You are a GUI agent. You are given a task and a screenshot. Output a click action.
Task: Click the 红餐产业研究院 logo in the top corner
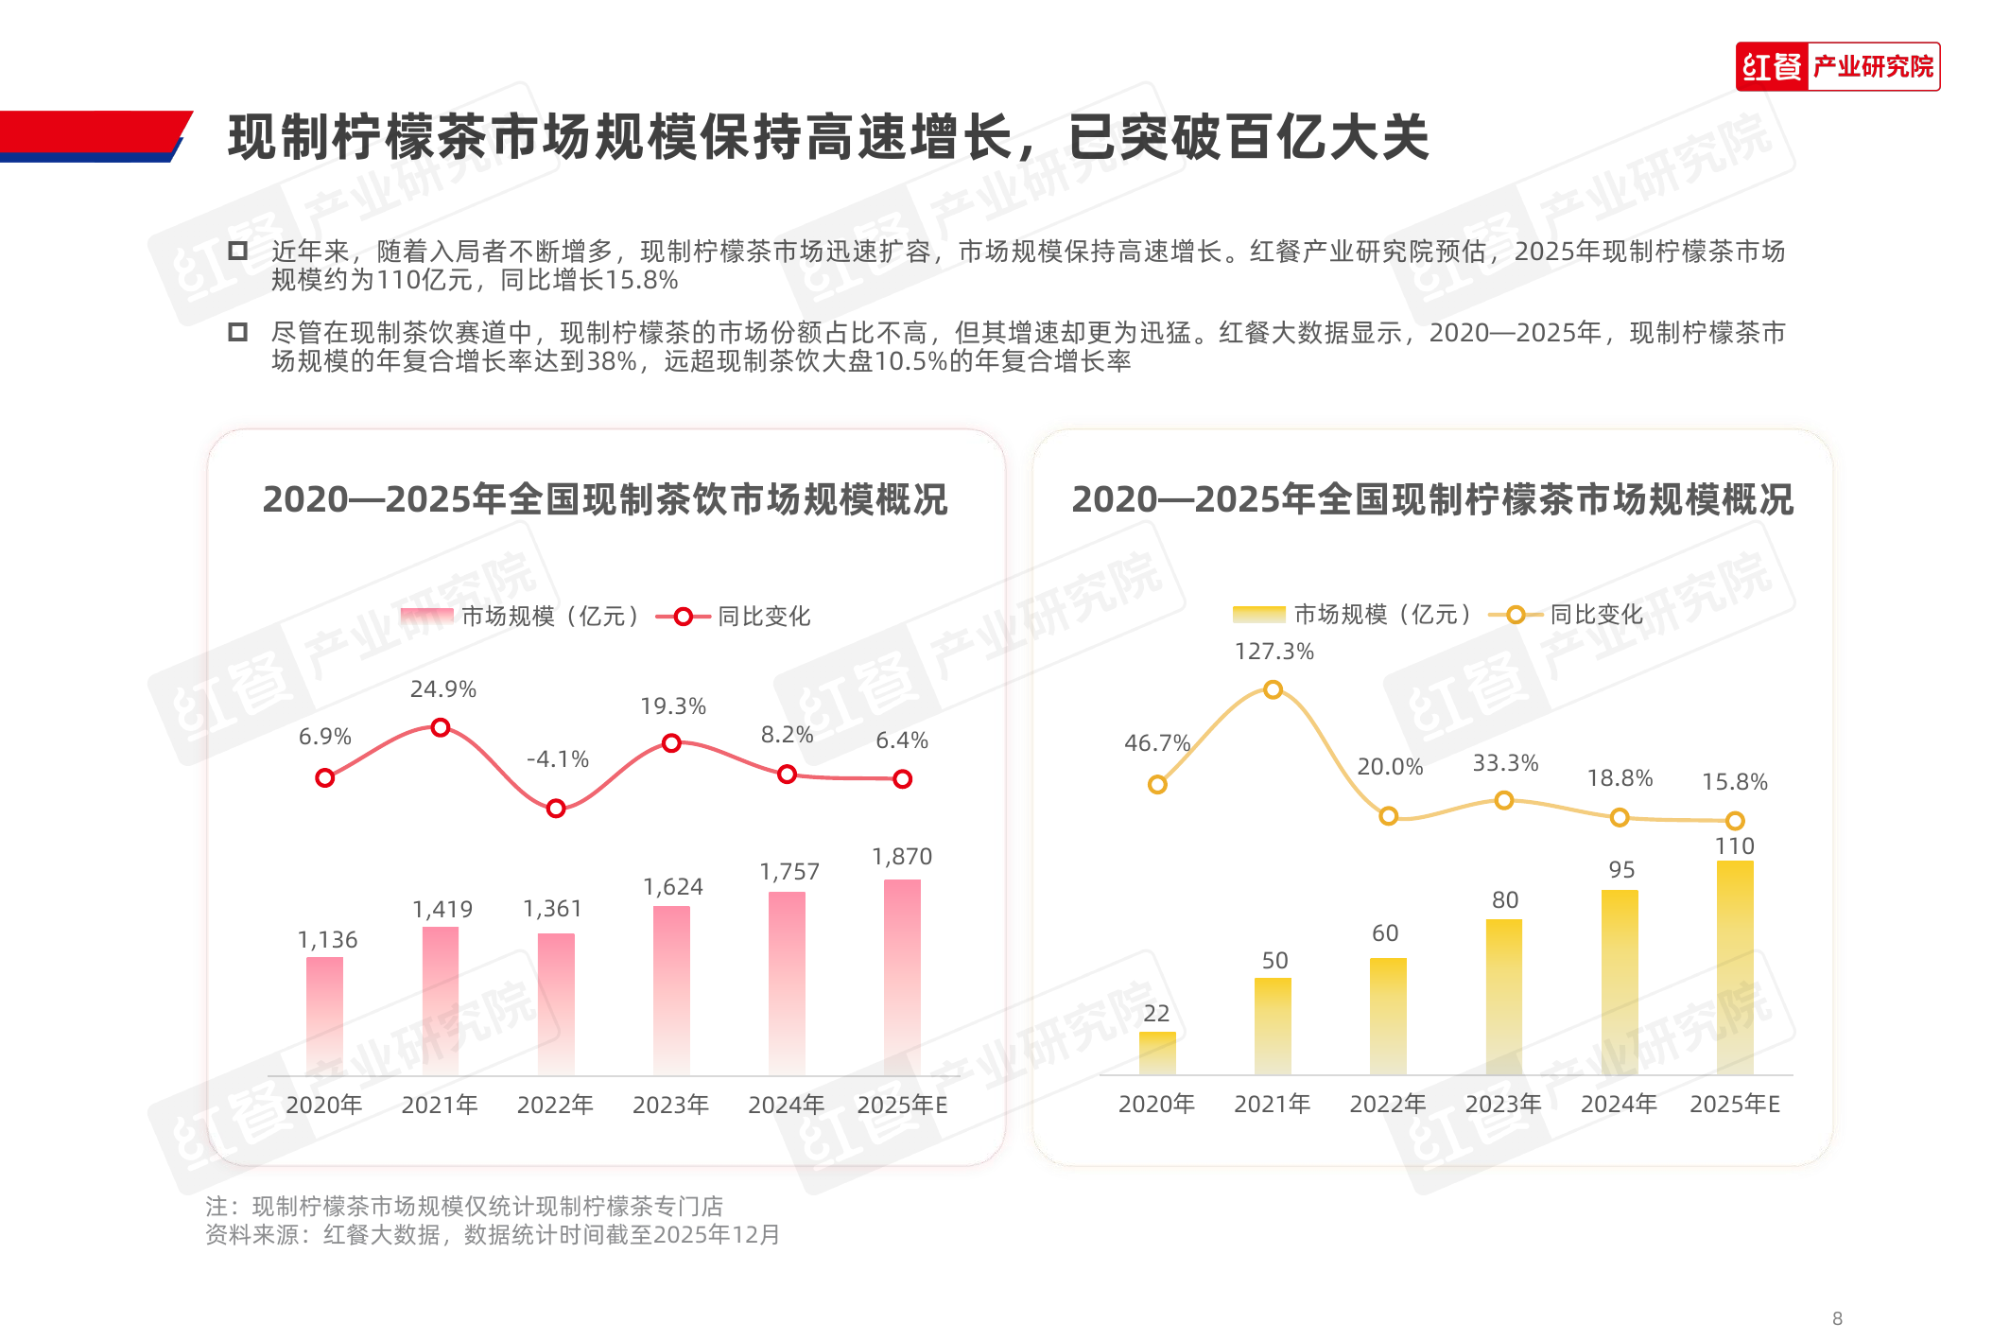click(1837, 66)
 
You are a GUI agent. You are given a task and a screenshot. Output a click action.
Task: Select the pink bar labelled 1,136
click(324, 1016)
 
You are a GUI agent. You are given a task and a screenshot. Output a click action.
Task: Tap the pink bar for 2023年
click(671, 990)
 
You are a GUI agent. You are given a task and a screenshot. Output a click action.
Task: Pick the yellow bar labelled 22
click(1157, 1053)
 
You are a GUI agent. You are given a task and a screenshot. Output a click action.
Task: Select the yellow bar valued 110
click(1735, 967)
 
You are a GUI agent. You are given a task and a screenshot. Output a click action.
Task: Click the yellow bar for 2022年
click(1388, 1016)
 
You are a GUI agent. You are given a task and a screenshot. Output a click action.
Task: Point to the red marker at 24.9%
click(441, 727)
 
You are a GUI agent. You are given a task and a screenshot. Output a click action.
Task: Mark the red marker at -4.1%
click(556, 809)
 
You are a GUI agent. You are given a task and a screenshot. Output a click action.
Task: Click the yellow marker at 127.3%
click(1274, 689)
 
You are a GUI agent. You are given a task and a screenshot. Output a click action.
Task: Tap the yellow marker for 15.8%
click(1735, 821)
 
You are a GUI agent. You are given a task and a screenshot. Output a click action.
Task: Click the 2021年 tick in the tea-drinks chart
click(440, 1105)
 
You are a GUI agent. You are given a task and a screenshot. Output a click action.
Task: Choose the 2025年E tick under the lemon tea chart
click(1735, 1104)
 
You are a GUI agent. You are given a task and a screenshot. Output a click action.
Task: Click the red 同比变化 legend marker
click(683, 617)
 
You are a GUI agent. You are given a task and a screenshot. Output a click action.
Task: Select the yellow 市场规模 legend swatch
click(1258, 615)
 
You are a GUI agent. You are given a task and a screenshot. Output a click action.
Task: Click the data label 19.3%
click(673, 706)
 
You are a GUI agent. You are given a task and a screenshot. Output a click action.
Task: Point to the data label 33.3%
click(1505, 763)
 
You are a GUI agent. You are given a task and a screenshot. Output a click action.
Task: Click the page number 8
click(1837, 1318)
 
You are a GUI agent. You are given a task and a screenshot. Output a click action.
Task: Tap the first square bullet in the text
click(238, 252)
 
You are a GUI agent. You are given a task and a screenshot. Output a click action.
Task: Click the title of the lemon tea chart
click(1432, 499)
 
